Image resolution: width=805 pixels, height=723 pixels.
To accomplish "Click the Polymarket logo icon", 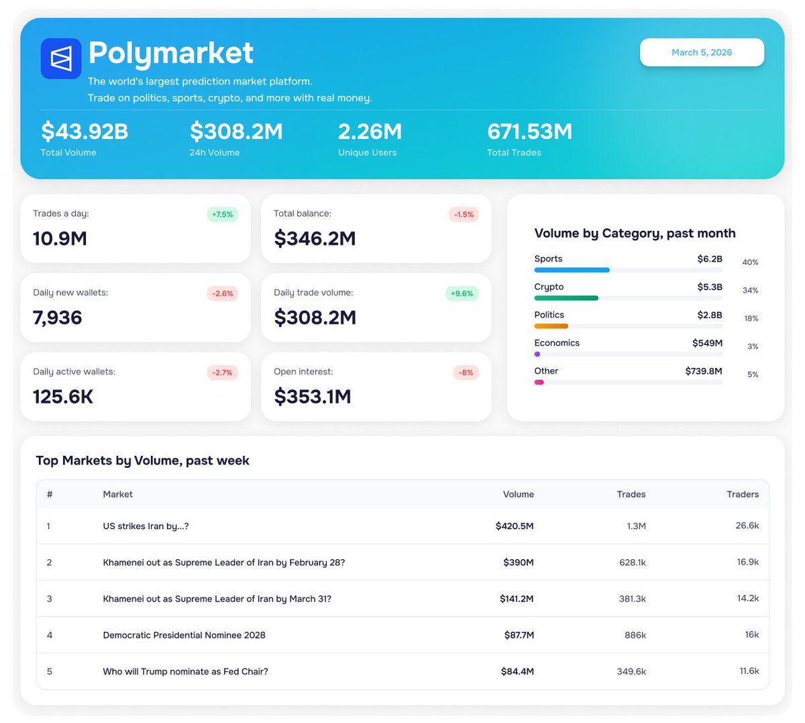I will (x=61, y=58).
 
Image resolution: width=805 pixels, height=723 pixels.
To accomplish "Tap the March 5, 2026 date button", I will (x=702, y=52).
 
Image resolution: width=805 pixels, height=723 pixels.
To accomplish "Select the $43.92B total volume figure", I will (x=85, y=132).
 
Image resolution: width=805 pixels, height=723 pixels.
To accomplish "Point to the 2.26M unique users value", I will (x=370, y=132).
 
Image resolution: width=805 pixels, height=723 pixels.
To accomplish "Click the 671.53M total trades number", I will (x=529, y=132).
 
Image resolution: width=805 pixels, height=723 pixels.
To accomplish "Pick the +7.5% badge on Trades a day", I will (x=222, y=215).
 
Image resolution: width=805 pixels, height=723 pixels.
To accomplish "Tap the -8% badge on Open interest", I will (x=466, y=373).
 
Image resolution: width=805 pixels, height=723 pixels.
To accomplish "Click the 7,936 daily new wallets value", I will (x=58, y=318).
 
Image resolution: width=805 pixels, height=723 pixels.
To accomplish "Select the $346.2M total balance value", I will (x=315, y=238).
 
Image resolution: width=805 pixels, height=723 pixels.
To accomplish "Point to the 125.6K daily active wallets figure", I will (x=63, y=397).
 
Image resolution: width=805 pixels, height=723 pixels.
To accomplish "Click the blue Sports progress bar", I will (x=572, y=270).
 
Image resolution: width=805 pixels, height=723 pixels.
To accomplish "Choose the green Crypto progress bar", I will (x=566, y=298).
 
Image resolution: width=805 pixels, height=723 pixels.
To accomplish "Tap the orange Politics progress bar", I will (x=551, y=326).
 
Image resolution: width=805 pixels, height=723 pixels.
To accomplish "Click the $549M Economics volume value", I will (x=707, y=343).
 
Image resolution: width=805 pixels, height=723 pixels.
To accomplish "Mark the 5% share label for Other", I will (x=753, y=375).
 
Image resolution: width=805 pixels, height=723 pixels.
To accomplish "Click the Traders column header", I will (x=743, y=494).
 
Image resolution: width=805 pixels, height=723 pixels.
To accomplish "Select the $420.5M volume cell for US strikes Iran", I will (x=515, y=526).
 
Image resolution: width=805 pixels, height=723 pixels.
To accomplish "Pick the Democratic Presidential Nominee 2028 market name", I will (x=184, y=635).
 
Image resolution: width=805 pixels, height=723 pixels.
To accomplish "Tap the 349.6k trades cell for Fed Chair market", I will (x=631, y=671).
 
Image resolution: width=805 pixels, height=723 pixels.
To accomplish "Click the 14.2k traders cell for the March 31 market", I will (x=748, y=598).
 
